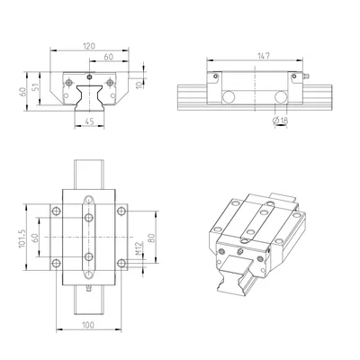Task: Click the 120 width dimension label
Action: point(89,46)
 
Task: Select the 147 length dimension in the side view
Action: point(264,56)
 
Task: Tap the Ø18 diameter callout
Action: point(280,121)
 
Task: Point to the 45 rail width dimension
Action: point(89,121)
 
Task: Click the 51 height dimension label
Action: point(36,87)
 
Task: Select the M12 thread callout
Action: point(139,248)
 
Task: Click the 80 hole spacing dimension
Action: point(151,238)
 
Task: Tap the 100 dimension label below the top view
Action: point(88,325)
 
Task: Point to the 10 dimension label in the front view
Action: point(139,85)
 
